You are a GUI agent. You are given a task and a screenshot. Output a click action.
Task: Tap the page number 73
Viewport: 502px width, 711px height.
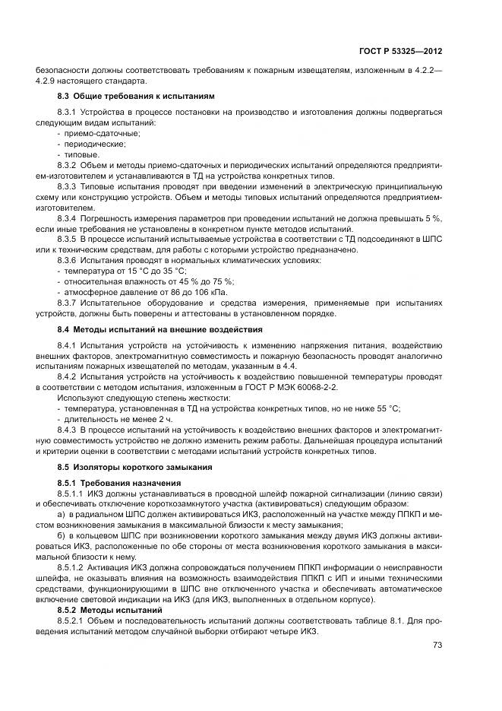point(437,646)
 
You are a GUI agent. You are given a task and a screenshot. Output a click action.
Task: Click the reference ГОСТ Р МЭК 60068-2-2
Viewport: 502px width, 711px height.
point(295,387)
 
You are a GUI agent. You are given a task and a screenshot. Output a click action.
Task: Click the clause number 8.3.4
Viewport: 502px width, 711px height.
point(70,217)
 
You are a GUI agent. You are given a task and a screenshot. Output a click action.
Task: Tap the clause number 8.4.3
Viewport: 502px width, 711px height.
point(70,430)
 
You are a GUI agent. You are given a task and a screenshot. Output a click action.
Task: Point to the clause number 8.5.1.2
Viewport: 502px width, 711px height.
point(74,567)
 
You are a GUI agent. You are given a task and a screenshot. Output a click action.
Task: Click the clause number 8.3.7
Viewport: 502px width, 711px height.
point(70,303)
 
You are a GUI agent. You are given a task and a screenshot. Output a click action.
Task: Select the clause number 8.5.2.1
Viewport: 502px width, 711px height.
point(74,621)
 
